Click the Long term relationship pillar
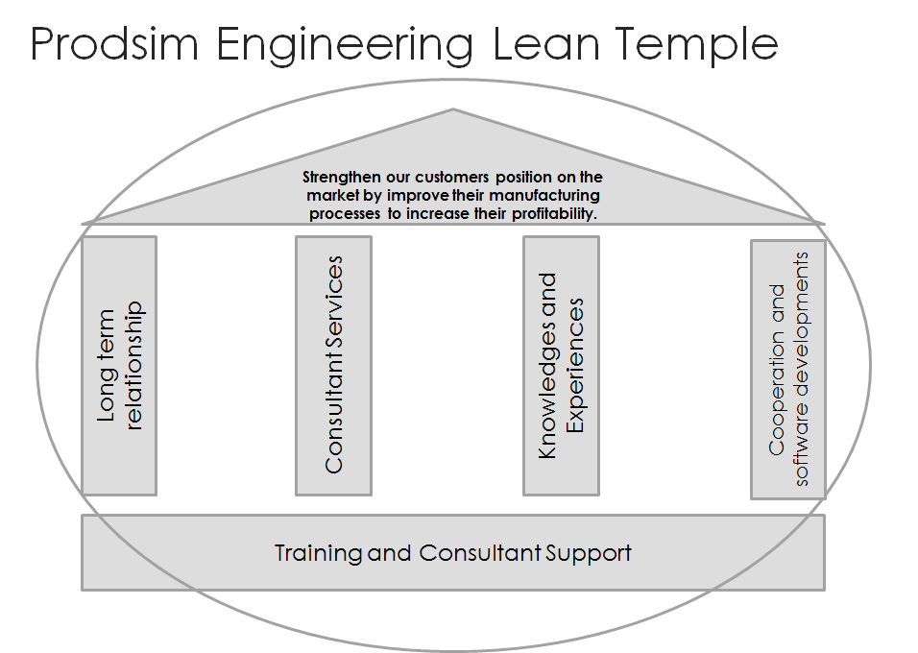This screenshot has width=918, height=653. [119, 366]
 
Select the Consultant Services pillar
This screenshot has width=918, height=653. [333, 366]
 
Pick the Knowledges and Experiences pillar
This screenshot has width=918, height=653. [561, 366]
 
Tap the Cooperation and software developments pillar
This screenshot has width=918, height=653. [787, 369]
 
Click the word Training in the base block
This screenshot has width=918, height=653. [319, 554]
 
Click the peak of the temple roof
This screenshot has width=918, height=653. [453, 110]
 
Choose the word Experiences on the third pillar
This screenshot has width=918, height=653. [574, 366]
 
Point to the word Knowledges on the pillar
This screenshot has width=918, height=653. [548, 397]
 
